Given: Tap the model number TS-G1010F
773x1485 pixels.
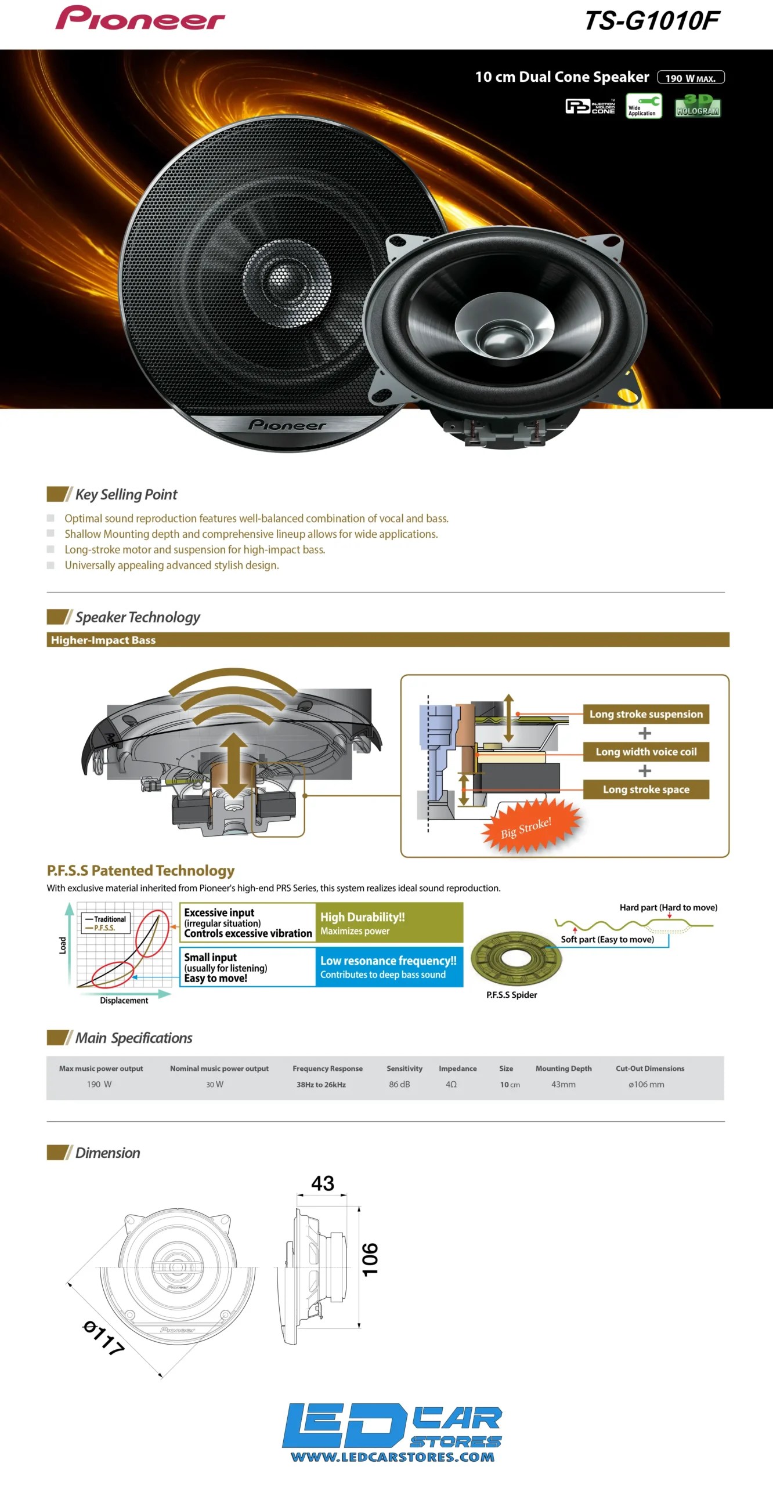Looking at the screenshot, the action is [652, 21].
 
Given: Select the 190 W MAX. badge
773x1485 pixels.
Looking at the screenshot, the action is [691, 78].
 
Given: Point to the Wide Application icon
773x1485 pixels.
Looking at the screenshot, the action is [644, 106].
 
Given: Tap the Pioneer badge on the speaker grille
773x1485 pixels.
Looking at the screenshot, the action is [287, 425].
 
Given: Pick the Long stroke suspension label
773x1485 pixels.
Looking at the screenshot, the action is [646, 714].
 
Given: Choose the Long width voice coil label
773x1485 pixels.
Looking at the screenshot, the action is [646, 752].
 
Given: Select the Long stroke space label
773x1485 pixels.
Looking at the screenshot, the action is [646, 789].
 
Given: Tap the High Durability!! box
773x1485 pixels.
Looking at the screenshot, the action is [389, 922].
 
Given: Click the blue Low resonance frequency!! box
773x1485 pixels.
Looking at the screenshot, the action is [389, 967].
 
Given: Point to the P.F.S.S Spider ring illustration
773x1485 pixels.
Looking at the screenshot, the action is [516, 958].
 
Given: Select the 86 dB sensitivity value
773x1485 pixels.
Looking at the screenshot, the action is [399, 1084].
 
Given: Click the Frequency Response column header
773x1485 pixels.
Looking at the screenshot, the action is [327, 1069].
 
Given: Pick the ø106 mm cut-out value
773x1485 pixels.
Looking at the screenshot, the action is [646, 1084].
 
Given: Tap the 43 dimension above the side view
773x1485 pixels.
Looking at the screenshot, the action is [323, 1183].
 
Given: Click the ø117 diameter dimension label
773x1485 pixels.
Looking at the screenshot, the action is [104, 1337].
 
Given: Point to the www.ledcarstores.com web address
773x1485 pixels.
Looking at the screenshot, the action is [392, 1457].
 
